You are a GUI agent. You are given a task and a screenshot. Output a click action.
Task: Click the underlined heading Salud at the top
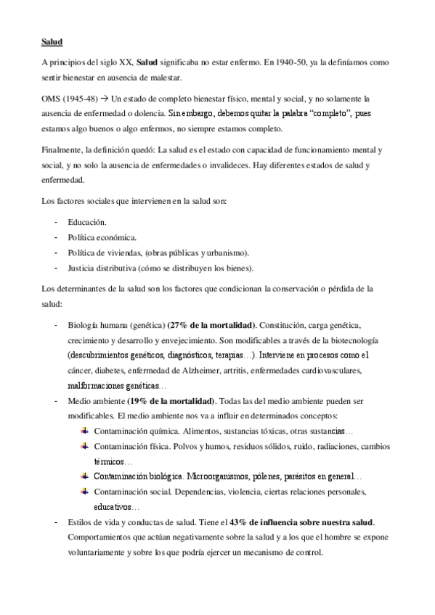[x=52, y=43]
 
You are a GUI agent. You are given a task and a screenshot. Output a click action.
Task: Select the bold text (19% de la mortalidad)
[x=171, y=400]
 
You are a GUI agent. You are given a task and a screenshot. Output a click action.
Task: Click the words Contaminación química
[x=133, y=430]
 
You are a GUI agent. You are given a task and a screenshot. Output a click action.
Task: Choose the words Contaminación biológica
[x=138, y=476]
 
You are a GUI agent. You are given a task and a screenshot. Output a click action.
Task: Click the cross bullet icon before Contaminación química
[x=85, y=430]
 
